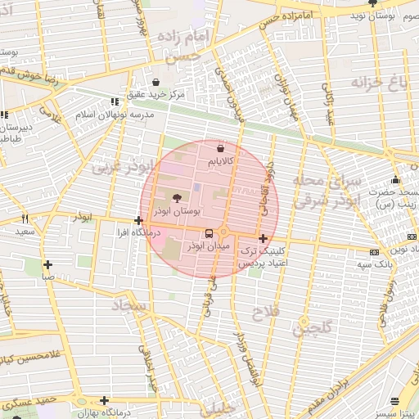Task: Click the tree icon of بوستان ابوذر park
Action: (x=178, y=197)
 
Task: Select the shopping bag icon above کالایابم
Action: (x=221, y=148)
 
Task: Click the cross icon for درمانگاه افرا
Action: (x=138, y=220)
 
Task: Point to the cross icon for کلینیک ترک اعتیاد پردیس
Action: (x=262, y=237)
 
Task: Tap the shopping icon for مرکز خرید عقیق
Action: (x=155, y=81)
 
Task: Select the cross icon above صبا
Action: (x=48, y=264)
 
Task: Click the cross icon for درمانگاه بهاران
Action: (x=104, y=400)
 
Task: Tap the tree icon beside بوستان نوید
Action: (x=373, y=4)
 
